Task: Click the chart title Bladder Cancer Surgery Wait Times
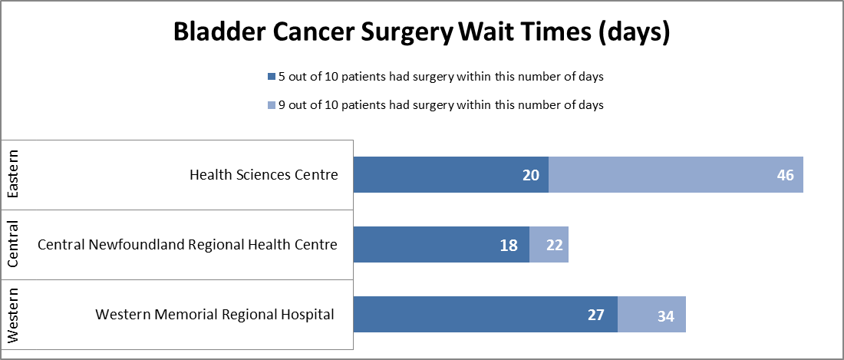(x=422, y=33)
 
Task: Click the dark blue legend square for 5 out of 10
(x=271, y=77)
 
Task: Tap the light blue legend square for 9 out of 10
(x=271, y=105)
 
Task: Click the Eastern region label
(x=14, y=175)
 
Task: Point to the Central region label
(x=14, y=245)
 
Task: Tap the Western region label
(x=14, y=315)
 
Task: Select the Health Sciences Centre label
(x=263, y=175)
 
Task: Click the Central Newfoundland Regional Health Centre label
(x=187, y=245)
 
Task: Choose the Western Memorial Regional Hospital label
(x=215, y=315)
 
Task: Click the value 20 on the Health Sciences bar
(x=532, y=175)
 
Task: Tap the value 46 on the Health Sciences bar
(x=785, y=175)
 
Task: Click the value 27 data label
(x=595, y=315)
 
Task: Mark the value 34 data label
(x=665, y=315)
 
